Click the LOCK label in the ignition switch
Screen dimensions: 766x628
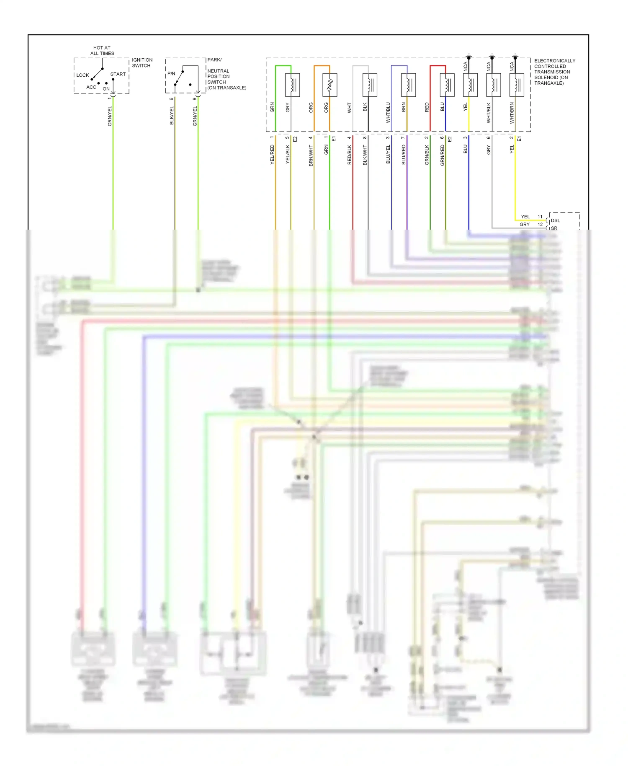82,75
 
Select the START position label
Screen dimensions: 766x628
118,74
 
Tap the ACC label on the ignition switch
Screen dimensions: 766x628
91,87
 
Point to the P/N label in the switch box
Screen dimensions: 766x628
171,74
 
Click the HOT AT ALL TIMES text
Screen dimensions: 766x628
102,51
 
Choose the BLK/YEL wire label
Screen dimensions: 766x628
172,116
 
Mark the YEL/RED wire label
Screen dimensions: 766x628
272,155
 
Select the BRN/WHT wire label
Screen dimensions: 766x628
311,155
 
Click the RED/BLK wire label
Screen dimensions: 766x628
350,155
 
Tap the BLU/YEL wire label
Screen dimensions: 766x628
388,155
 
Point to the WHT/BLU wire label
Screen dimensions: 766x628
388,112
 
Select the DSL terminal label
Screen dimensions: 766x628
555,220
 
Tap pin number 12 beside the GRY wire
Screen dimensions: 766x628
540,225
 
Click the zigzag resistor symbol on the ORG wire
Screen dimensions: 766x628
329,85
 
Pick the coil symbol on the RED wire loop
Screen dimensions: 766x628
447,85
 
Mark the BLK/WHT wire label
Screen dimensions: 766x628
365,155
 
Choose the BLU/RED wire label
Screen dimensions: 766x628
404,155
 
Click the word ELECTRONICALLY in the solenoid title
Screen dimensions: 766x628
555,61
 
